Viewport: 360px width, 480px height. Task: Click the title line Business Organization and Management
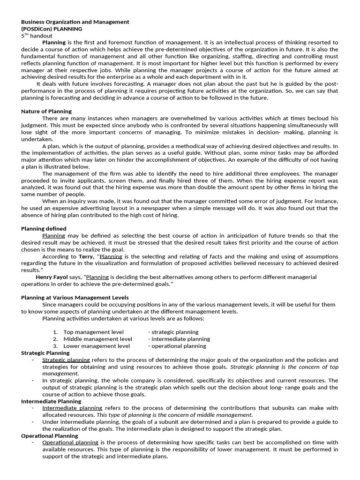click(x=75, y=22)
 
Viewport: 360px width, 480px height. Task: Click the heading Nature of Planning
click(x=46, y=112)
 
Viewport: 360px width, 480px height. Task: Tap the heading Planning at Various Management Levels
click(x=75, y=298)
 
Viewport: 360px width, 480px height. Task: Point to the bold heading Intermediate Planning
click(x=51, y=401)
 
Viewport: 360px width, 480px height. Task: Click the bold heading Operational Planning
click(x=49, y=435)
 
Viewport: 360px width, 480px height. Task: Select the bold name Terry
click(x=86, y=256)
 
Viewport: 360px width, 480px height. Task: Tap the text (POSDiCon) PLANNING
click(x=52, y=29)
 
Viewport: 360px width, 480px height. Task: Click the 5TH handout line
click(x=37, y=36)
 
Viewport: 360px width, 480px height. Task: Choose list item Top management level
click(x=94, y=332)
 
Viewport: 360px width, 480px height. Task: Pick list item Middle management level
click(x=97, y=339)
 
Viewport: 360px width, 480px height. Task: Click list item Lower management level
click(x=97, y=346)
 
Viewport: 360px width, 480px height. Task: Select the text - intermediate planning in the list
click(x=179, y=339)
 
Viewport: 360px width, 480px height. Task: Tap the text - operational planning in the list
click(x=177, y=346)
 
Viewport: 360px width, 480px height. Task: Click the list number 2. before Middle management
click(x=55, y=339)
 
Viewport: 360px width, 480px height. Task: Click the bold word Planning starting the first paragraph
click(x=54, y=42)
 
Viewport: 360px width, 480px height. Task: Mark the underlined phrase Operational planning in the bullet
click(x=70, y=442)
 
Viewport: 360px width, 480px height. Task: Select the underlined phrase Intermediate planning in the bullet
click(x=72, y=408)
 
